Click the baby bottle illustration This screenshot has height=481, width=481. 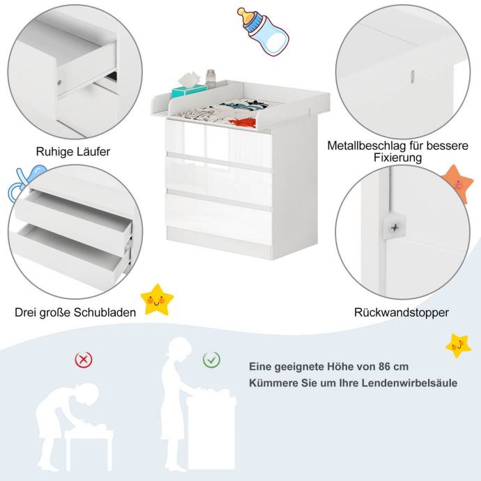tap(263, 31)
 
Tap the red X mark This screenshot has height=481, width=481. tap(84, 359)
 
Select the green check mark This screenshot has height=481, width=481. tap(211, 359)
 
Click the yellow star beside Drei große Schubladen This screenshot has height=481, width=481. tap(157, 300)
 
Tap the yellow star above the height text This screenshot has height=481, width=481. tap(458, 346)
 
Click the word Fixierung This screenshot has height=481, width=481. tap(397, 158)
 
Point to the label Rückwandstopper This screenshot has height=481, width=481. tap(402, 312)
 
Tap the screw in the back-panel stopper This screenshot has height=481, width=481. tap(395, 228)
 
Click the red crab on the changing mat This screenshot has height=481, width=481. tap(243, 123)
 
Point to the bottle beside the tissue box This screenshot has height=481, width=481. tap(211, 79)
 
